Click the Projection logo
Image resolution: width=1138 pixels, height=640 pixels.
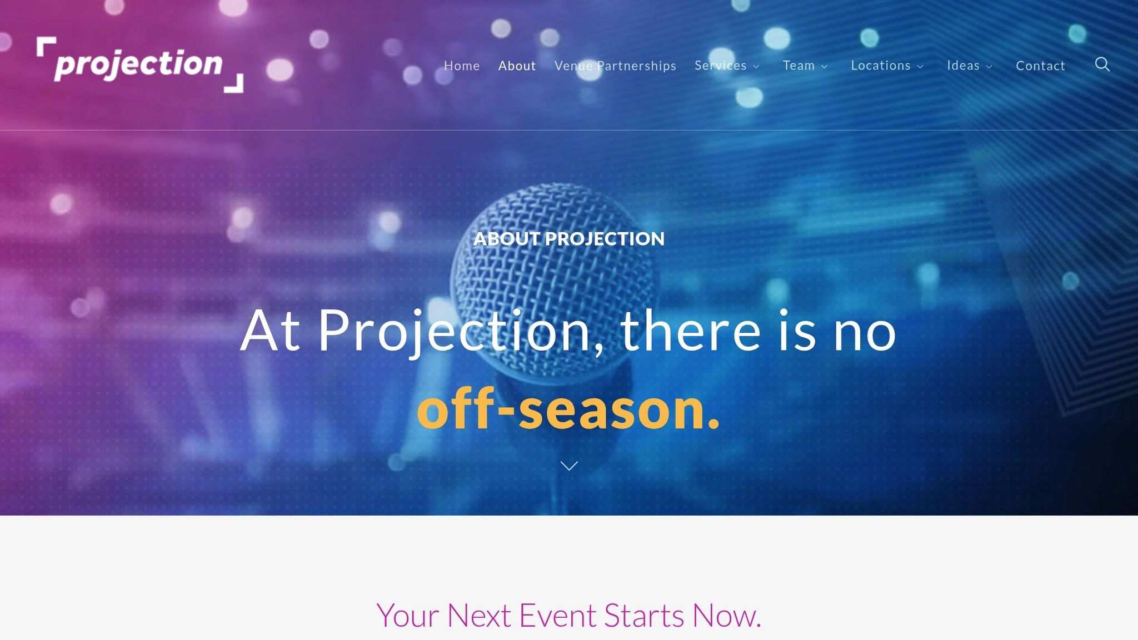point(139,64)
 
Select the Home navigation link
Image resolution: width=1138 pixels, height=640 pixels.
point(461,66)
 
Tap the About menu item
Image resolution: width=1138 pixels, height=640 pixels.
point(517,66)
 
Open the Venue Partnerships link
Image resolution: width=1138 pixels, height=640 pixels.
point(615,66)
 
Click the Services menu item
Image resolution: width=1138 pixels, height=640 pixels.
point(720,66)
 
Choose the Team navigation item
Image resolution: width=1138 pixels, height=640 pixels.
point(798,66)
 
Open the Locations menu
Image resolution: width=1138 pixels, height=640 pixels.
point(881,66)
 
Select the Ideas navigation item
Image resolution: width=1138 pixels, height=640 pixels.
point(963,66)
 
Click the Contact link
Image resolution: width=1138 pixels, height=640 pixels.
point(1040,66)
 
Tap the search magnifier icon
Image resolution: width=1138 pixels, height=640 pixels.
point(1102,64)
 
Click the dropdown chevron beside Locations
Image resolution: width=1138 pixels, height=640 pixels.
point(920,67)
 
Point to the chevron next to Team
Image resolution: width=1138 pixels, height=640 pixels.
point(825,67)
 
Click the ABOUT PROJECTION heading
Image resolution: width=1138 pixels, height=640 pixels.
point(568,239)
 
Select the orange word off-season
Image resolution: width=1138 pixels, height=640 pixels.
point(568,410)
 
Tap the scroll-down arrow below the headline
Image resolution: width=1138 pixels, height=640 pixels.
point(569,466)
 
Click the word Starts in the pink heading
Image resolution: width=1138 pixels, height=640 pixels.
point(644,616)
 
